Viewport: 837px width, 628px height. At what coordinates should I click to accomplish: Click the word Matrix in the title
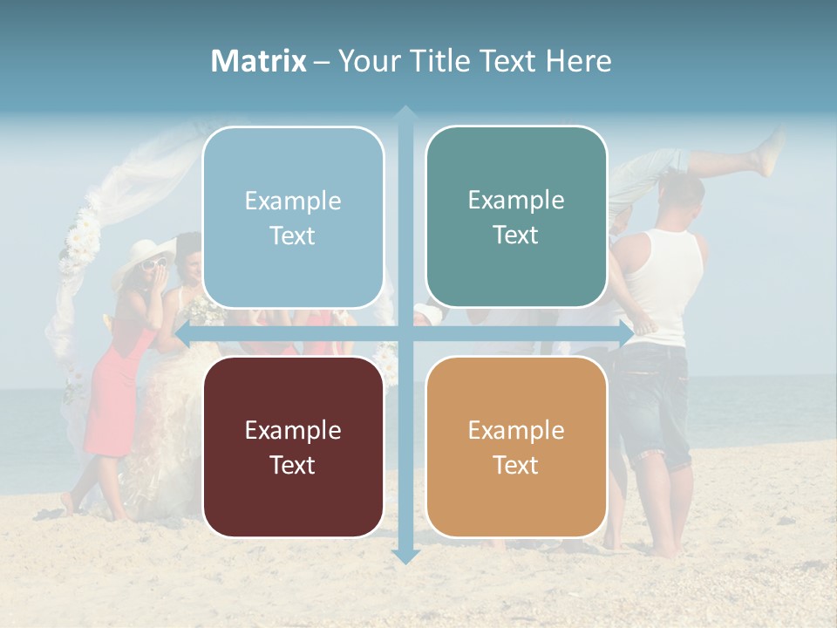tap(259, 61)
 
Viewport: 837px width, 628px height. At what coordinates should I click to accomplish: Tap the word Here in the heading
tap(578, 61)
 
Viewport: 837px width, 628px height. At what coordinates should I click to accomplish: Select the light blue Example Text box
tap(293, 217)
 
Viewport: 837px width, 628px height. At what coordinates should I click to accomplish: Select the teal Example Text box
tap(516, 216)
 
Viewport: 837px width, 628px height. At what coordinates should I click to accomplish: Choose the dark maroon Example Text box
tap(293, 447)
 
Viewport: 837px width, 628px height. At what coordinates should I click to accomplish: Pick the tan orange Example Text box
tap(516, 447)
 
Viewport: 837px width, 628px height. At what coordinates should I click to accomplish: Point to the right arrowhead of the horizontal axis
tap(625, 334)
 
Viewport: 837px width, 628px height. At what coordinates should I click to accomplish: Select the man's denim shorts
tap(654, 401)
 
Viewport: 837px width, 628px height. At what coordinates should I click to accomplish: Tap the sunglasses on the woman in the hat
tap(154, 264)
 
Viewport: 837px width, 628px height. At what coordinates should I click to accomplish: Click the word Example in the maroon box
tap(293, 430)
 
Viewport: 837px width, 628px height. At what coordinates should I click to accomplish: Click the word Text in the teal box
tap(516, 235)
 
